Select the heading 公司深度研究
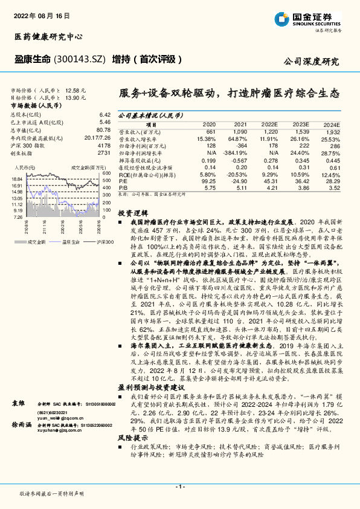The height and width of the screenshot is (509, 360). [311, 62]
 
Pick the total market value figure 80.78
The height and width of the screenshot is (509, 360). [103, 129]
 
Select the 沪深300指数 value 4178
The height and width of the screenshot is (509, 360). [104, 145]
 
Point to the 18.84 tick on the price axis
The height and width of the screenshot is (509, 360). [17, 179]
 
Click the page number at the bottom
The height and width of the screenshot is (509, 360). [179, 486]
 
